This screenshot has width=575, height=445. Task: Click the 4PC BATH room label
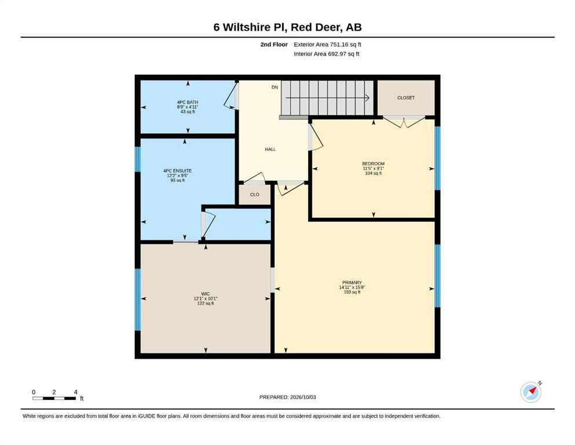tap(188, 102)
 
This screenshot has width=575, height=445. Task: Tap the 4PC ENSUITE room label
tap(178, 170)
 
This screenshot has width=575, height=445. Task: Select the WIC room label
tap(206, 294)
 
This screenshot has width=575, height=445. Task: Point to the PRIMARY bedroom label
tap(352, 283)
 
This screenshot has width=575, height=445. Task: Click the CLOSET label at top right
tap(406, 97)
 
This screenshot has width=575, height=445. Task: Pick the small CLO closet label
tap(255, 195)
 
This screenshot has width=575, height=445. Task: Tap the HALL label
tap(270, 149)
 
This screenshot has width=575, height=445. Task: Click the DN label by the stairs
tap(274, 87)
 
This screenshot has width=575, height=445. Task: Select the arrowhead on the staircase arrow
tap(367, 98)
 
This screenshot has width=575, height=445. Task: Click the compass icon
tap(531, 392)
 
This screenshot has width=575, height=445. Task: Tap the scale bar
tap(54, 398)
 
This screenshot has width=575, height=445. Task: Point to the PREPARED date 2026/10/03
tap(302, 397)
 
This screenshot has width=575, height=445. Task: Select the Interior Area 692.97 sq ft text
tap(327, 54)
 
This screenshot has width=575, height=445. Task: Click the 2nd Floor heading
tap(274, 45)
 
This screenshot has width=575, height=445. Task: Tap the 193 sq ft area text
tap(352, 292)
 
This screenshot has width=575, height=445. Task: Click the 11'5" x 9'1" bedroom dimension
tap(373, 169)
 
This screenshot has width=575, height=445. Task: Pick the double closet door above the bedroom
tap(404, 122)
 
